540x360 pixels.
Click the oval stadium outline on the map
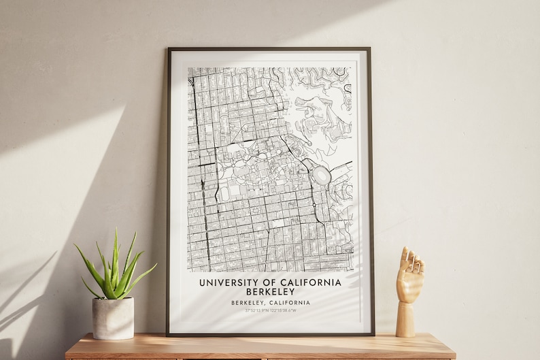(x=321, y=177)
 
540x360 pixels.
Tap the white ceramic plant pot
(x=113, y=318)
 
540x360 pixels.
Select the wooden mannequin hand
(x=409, y=286)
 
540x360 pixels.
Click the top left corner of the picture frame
(x=169, y=50)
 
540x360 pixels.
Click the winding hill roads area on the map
(x=320, y=109)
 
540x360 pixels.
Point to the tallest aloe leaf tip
(x=116, y=230)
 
